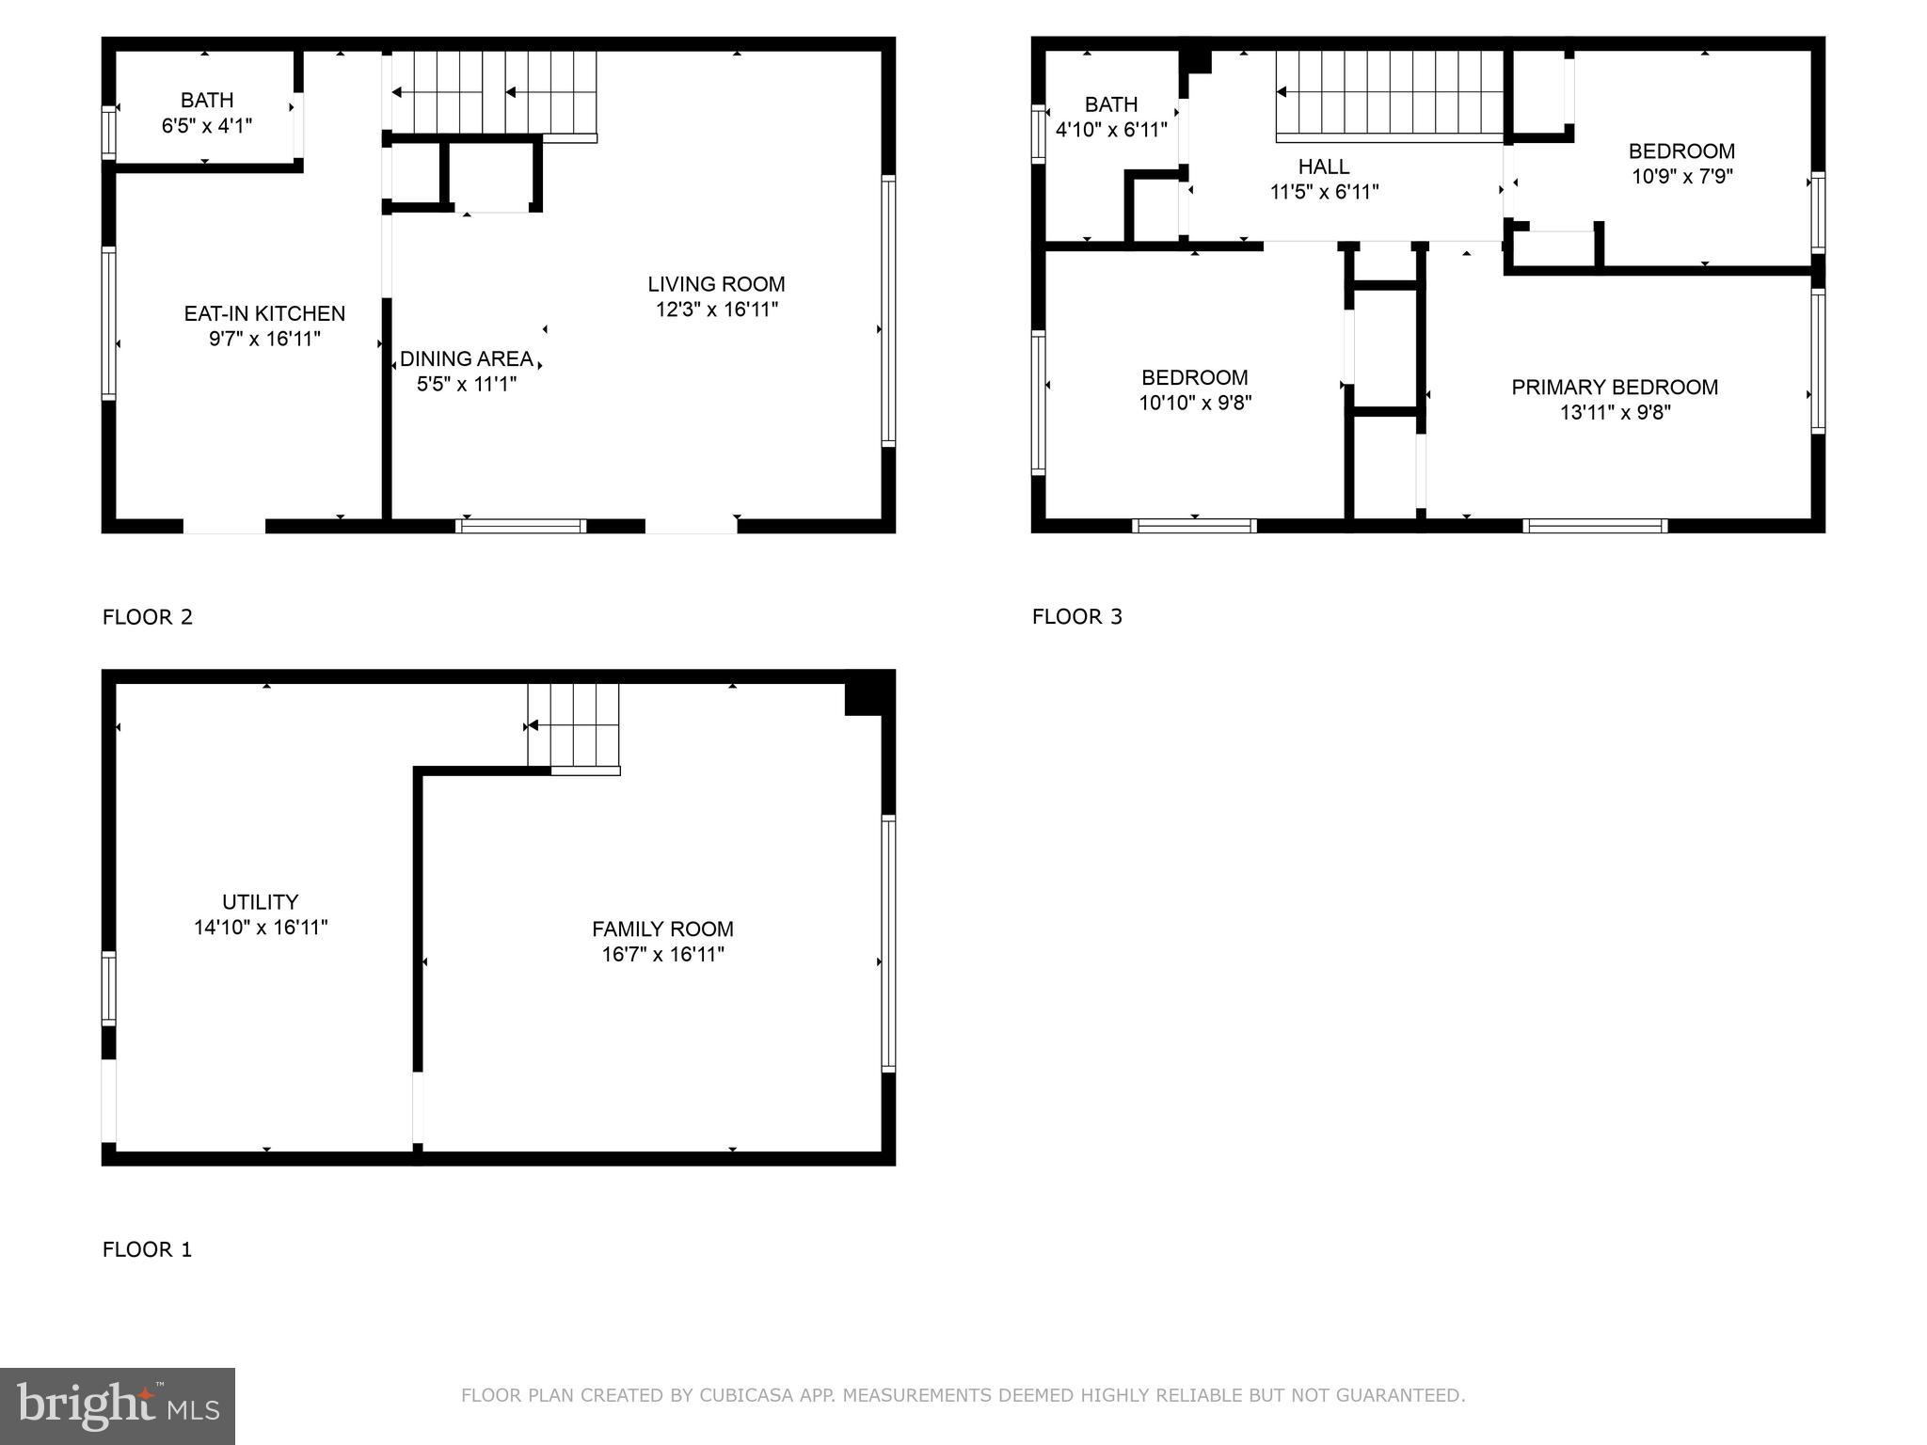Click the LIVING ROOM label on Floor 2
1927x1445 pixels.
point(716,284)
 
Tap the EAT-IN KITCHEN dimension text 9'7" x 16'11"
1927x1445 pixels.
point(264,339)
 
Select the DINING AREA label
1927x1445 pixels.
point(466,359)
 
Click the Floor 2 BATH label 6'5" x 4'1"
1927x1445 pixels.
point(207,113)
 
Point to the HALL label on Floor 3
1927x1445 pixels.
point(1324,167)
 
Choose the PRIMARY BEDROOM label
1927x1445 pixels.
point(1615,388)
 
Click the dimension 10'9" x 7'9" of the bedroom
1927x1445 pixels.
point(1681,177)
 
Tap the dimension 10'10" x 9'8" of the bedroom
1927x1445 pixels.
point(1195,404)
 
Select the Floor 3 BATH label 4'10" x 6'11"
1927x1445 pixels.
point(1111,117)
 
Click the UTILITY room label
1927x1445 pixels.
point(261,902)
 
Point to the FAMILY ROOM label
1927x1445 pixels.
point(662,929)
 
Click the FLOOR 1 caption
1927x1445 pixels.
point(147,1249)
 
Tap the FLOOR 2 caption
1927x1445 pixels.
point(147,617)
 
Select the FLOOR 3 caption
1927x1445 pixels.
point(1076,617)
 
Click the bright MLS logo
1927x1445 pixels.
point(118,1405)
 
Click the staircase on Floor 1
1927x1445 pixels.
point(573,725)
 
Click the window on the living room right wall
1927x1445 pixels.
point(887,310)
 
